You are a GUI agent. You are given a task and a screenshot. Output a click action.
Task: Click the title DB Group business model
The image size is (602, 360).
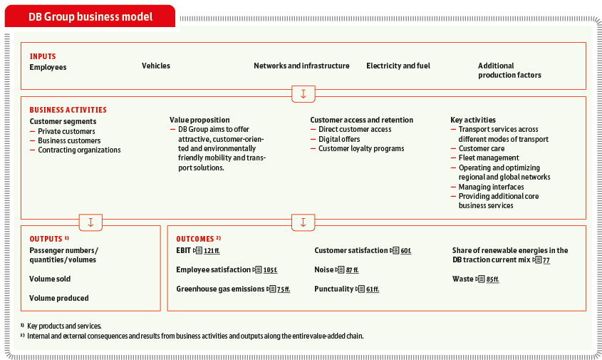coord(90,17)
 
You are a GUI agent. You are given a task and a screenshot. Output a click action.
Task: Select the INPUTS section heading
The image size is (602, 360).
coord(43,56)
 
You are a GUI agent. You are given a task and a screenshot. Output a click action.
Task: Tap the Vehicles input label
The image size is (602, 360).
coord(156,66)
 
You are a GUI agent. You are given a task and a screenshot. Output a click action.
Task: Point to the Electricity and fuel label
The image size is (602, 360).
coord(398,66)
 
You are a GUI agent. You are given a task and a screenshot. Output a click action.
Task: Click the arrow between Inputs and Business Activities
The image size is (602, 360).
coord(303,94)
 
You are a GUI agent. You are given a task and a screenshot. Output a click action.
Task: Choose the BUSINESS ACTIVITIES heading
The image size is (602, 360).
coord(68,110)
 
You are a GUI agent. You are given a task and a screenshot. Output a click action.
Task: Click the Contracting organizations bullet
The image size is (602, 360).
coord(79,150)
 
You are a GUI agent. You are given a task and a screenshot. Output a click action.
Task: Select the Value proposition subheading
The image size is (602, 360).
coord(199,120)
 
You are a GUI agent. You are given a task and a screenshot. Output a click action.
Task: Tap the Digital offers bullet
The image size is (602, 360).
coord(339,139)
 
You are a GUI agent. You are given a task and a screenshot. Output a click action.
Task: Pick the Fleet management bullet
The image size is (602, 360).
coord(488,158)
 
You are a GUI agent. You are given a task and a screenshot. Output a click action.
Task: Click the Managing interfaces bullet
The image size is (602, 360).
coord(491,187)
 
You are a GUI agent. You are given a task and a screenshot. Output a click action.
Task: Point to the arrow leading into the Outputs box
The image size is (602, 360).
coord(90,222)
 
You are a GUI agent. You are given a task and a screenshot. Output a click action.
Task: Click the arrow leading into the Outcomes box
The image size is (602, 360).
coord(303,222)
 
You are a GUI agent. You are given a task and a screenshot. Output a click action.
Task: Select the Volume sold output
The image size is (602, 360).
coord(50,279)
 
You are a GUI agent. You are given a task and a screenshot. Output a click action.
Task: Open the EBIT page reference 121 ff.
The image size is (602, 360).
coord(212,251)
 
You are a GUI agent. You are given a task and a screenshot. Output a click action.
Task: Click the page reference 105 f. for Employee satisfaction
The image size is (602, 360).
coord(270,270)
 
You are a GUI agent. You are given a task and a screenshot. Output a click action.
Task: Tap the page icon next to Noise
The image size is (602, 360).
coord(340,269)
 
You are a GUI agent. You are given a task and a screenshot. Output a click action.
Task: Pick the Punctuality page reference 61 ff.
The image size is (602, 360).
coord(373,289)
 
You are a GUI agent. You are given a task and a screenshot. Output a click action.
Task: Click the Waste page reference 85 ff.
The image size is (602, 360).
coord(492,279)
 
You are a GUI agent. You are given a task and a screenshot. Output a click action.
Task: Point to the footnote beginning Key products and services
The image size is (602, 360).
coord(64,326)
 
